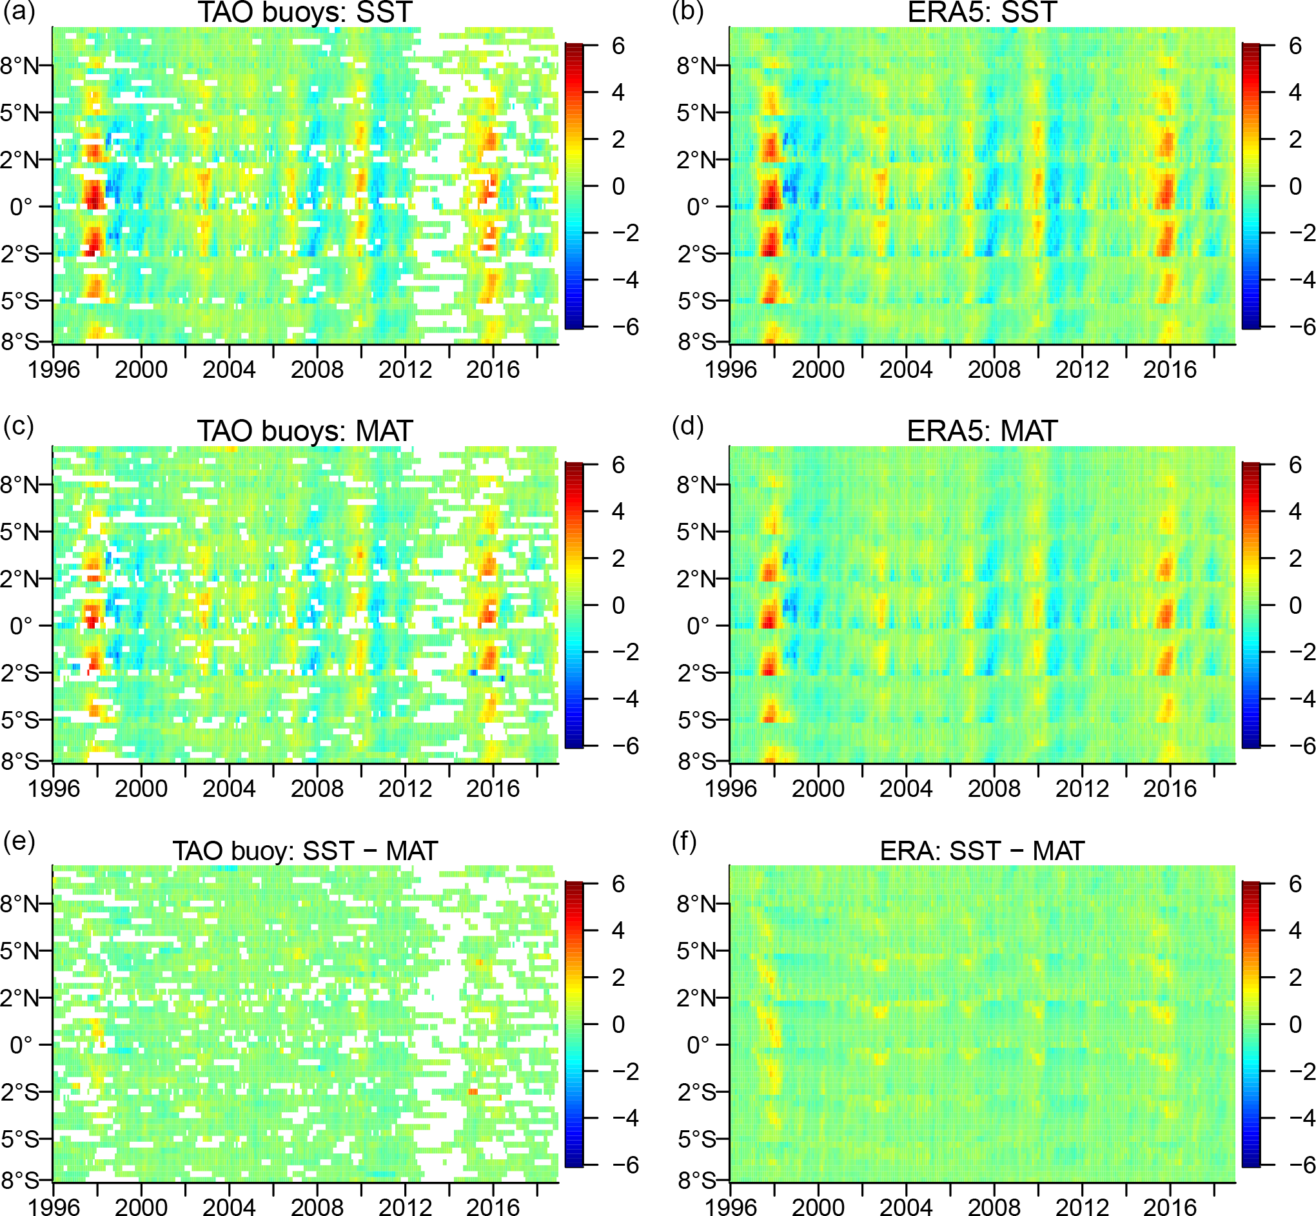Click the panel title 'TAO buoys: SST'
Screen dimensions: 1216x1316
click(304, 12)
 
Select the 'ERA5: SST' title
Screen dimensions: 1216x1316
click(982, 12)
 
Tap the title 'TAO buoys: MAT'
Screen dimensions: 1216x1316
click(304, 431)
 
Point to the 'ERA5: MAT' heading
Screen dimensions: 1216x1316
click(982, 431)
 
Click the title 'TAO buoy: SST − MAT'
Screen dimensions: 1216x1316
click(304, 851)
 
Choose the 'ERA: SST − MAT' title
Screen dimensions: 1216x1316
click(982, 851)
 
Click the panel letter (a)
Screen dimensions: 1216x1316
click(19, 12)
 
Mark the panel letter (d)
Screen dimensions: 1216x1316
click(687, 426)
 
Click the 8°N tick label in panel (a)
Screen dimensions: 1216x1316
click(20, 66)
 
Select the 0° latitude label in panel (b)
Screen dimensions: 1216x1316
click(698, 207)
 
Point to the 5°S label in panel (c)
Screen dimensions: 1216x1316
click(20, 720)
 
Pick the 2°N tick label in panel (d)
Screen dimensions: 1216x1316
click(696, 579)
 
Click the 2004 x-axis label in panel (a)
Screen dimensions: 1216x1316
click(228, 369)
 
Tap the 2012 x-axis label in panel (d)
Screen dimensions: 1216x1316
click(1082, 789)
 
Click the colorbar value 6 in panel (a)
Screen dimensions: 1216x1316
click(618, 46)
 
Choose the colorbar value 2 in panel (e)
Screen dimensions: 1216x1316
click(618, 978)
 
